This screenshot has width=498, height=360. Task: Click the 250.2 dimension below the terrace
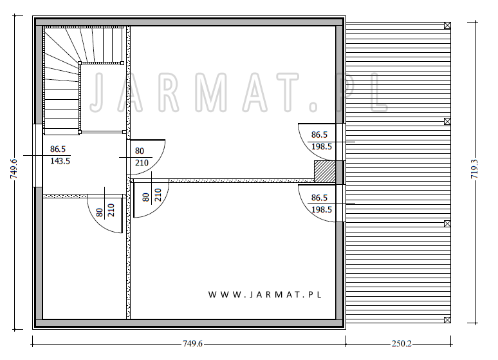coord(401,344)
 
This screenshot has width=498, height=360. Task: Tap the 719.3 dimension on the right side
coord(474,169)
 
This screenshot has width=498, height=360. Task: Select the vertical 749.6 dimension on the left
coord(14,169)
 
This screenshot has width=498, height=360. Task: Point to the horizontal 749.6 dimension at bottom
coord(192,344)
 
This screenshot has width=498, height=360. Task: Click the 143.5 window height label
coord(60,161)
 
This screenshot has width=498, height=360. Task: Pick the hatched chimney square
coord(324,171)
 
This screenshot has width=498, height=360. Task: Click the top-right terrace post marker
coord(447,26)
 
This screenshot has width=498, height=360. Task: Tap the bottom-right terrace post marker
coord(447,319)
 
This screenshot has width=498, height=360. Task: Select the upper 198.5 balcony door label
coord(322,147)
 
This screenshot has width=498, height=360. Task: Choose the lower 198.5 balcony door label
coord(322,209)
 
